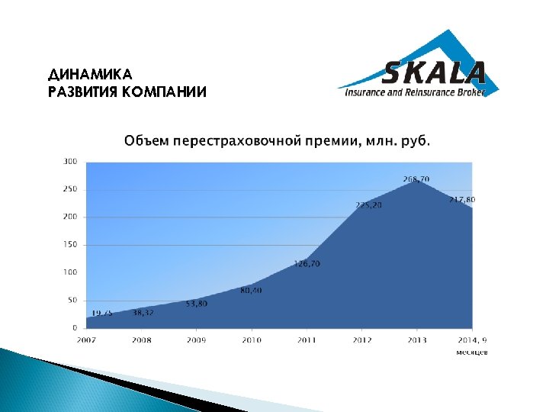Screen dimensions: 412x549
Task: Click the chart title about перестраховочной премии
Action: click(x=277, y=141)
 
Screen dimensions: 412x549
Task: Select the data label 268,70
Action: click(x=416, y=179)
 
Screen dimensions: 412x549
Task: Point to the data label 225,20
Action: click(x=369, y=204)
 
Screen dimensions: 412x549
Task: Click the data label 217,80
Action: click(x=463, y=199)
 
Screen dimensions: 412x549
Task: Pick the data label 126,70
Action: click(x=307, y=264)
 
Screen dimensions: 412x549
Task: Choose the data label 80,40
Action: click(x=251, y=290)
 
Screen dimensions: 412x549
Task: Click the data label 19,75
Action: click(x=103, y=313)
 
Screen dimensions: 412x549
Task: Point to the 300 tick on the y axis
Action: click(x=70, y=161)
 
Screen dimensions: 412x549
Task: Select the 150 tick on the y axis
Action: click(x=70, y=244)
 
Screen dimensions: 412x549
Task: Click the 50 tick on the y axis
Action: click(x=72, y=300)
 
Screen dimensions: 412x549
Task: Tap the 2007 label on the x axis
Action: click(x=86, y=340)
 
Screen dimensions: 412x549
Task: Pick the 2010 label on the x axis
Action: click(x=252, y=340)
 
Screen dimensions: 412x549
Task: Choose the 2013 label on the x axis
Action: click(x=416, y=340)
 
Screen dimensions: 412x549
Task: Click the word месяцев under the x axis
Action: click(x=472, y=352)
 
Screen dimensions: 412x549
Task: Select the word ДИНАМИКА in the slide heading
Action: click(x=90, y=75)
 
